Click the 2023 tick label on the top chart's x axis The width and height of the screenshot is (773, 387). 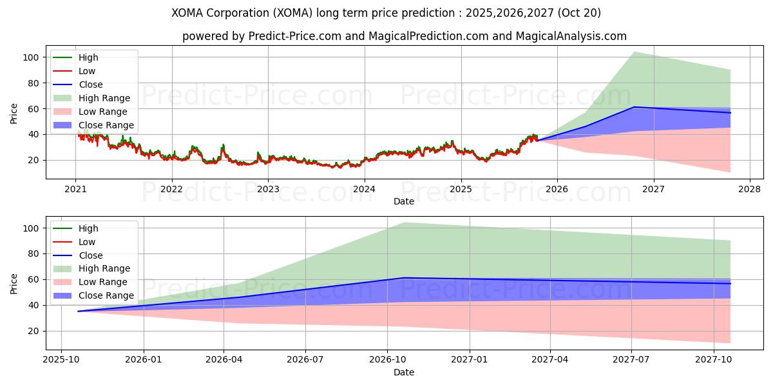click(268, 190)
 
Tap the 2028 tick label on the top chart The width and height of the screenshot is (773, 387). click(749, 190)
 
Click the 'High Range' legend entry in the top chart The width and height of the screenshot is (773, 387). click(104, 98)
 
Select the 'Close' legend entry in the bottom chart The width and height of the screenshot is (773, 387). click(90, 255)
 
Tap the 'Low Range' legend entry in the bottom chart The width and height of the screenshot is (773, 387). click(103, 282)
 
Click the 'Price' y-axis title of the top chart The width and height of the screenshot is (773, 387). click(14, 113)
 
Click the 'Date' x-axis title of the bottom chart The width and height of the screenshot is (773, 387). click(404, 372)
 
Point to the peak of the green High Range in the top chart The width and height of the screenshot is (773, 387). click(634, 52)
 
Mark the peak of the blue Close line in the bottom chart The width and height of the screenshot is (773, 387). click(404, 278)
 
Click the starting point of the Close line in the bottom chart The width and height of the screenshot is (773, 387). click(78, 312)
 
